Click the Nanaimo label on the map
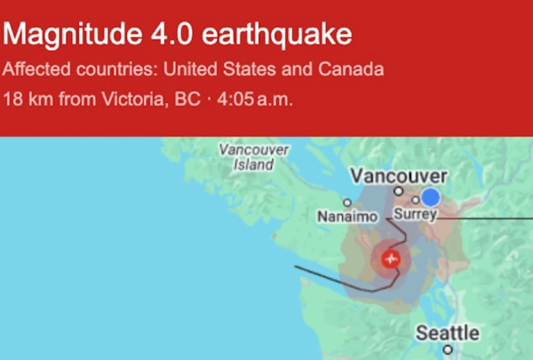pos(347,216)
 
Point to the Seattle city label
pos(448,333)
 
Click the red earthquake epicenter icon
pos(390,259)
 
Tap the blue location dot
pos(431,196)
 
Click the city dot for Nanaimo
pos(347,203)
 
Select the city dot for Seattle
pos(447,350)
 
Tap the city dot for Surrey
pos(415,201)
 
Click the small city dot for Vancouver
pos(399,190)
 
